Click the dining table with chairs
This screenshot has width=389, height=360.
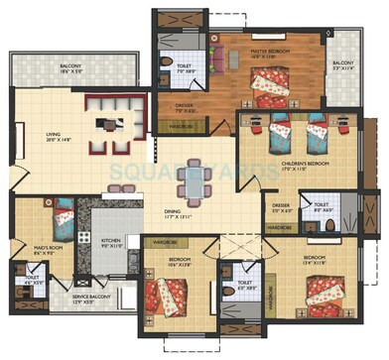tap(194, 180)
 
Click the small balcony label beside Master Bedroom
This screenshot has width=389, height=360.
tap(343, 66)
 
